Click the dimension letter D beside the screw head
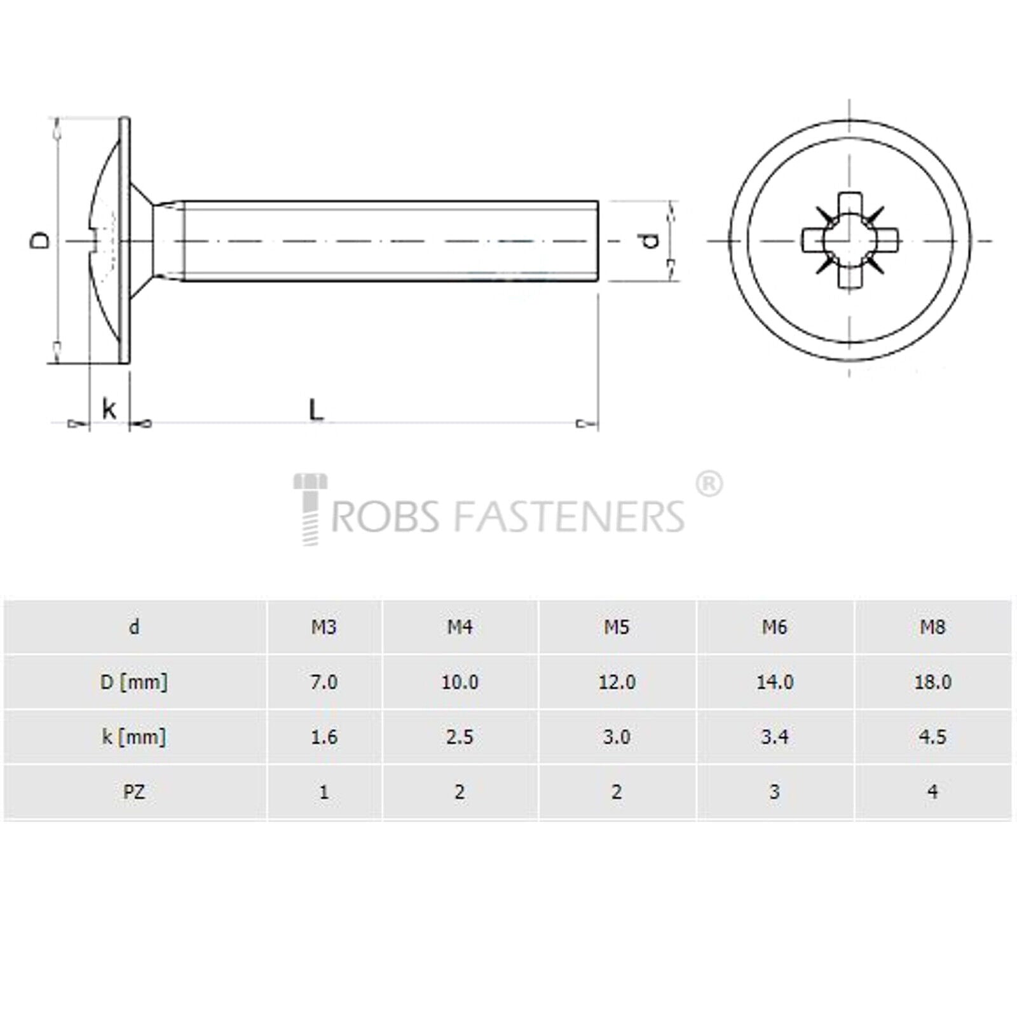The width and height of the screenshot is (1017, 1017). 40,240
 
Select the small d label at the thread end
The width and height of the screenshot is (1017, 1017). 650,240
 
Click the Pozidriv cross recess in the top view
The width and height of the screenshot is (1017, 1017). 850,240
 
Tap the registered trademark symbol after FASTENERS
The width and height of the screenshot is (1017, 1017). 709,485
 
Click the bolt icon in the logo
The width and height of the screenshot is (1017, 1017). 310,509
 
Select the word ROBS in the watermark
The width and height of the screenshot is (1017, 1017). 385,515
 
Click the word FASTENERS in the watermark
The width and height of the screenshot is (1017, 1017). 570,515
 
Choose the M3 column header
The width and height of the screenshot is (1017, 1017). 324,627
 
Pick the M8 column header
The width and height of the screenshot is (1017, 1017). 932,627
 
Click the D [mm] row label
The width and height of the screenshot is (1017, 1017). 134,683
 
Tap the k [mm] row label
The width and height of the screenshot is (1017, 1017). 134,737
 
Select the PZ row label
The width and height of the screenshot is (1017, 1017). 134,792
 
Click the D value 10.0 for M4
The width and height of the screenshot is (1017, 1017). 460,682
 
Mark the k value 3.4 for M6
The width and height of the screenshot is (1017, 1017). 774,737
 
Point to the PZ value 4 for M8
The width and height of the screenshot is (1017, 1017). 932,792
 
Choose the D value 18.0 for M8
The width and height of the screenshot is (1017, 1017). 932,682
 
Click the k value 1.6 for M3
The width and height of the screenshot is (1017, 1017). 324,737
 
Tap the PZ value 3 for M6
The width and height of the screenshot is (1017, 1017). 774,792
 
